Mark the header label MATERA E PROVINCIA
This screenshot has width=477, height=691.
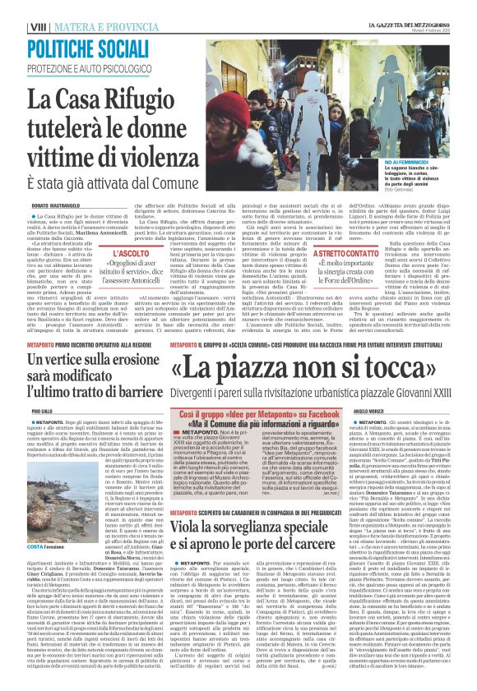click(x=103, y=27)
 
